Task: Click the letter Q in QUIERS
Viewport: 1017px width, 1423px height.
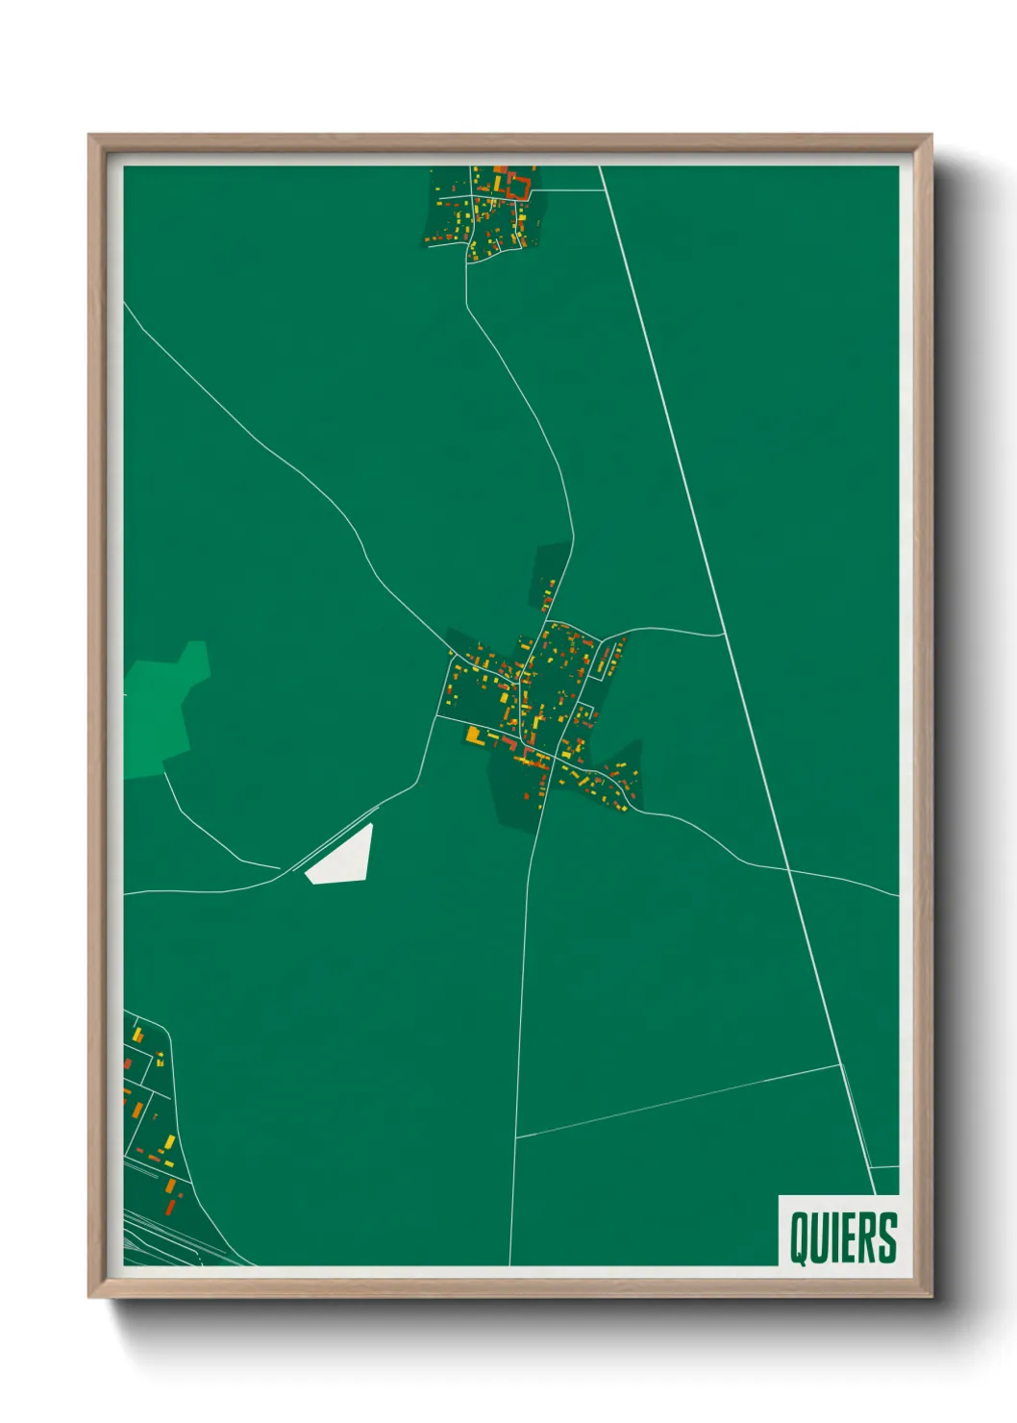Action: pos(800,1237)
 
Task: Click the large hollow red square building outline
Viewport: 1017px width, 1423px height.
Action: pos(518,186)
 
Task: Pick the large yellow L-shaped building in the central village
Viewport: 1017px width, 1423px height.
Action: pos(473,736)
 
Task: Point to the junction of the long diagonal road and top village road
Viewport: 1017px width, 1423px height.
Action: pos(605,189)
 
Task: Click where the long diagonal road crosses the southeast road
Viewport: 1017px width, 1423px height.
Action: pos(789,870)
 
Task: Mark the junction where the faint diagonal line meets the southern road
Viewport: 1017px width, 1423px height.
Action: pos(515,1138)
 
